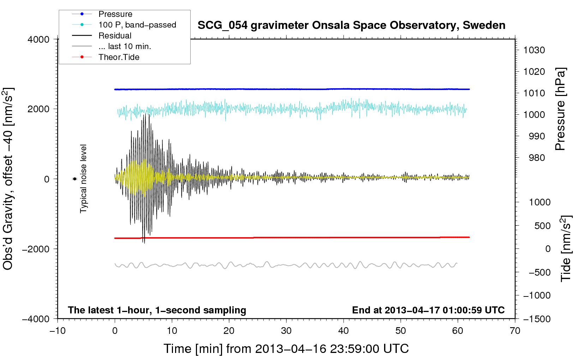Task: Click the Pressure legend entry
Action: tap(102, 14)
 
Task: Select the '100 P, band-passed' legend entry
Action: tap(124, 25)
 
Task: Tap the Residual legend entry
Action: tap(102, 36)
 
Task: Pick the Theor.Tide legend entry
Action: tap(106, 57)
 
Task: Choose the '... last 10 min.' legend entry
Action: tap(112, 46)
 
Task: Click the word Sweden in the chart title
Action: tap(484, 25)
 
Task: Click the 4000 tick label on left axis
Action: tap(38, 40)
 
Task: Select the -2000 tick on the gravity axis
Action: tap(36, 249)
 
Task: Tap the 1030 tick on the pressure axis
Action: tap(534, 50)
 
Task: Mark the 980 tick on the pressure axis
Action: tap(537, 158)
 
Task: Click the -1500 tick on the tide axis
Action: tap(537, 319)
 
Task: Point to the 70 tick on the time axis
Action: tap(515, 331)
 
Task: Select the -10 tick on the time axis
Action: tap(58, 331)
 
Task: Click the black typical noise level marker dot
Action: tap(74, 179)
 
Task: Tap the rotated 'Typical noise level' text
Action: tap(83, 179)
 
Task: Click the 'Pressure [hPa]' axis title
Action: tap(560, 109)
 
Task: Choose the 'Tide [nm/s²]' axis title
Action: tap(566, 248)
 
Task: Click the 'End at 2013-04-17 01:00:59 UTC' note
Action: tap(428, 310)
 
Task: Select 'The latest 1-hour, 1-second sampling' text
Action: tap(157, 310)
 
